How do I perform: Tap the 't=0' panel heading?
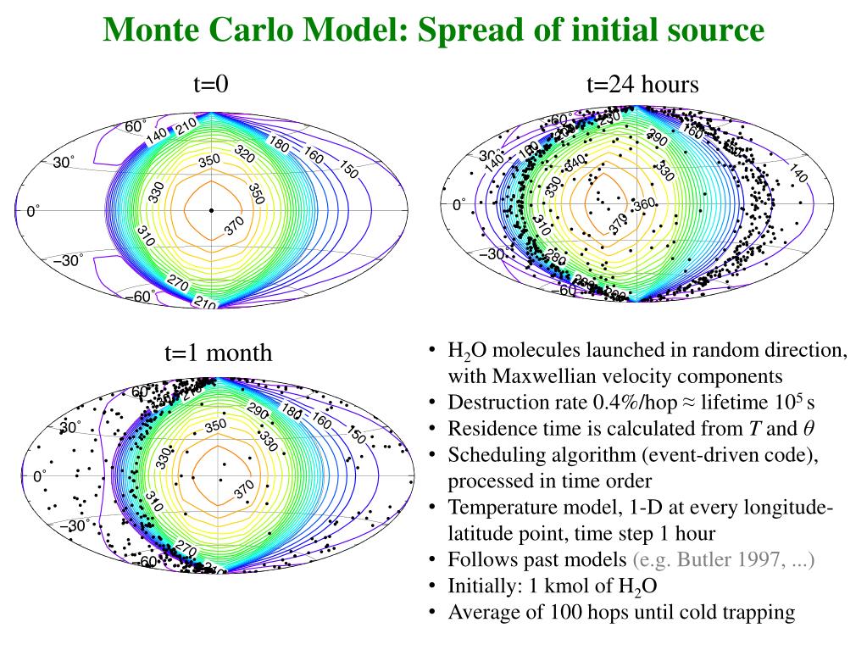[212, 85]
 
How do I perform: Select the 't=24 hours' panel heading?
[642, 85]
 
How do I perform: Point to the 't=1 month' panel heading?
[219, 353]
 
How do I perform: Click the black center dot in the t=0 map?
[211, 209]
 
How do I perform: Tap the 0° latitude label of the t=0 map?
[33, 211]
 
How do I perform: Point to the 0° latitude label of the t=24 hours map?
[459, 204]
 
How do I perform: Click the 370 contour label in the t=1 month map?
[244, 489]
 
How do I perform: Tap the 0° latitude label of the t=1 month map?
[40, 477]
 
